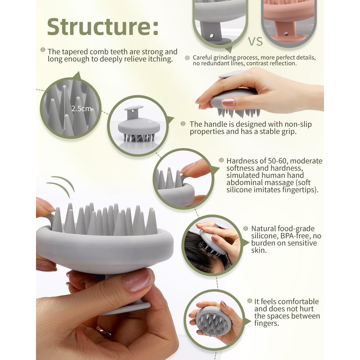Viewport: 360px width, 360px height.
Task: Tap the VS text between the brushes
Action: [x=255, y=41]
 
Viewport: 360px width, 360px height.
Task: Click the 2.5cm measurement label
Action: [x=81, y=108]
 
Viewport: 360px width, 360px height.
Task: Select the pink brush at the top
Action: [x=289, y=21]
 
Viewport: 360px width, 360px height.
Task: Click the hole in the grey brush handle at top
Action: [x=211, y=36]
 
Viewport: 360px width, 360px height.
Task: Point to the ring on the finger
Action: [x=103, y=331]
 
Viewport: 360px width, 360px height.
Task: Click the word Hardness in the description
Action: [x=241, y=161]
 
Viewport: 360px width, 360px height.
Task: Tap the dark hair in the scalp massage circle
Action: [x=200, y=252]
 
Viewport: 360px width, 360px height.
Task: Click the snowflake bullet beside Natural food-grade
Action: [x=245, y=229]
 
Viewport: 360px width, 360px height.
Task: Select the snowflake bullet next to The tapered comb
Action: [x=43, y=49]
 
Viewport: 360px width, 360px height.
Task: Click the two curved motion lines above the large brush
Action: [x=61, y=185]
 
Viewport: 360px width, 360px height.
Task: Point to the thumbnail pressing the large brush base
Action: [x=137, y=282]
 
